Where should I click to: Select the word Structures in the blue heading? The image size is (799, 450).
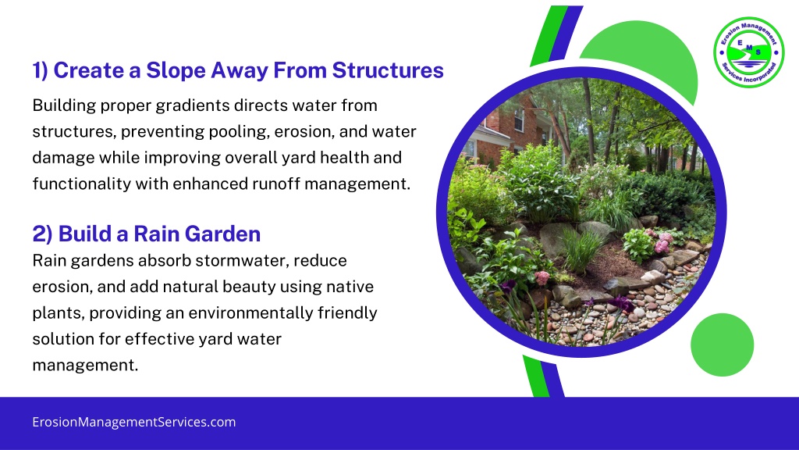pyautogui.click(x=388, y=70)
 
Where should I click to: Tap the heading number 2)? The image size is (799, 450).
pyautogui.click(x=42, y=234)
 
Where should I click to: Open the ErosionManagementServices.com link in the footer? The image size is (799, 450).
pyautogui.click(x=134, y=422)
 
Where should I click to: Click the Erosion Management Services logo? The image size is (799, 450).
pyautogui.click(x=748, y=52)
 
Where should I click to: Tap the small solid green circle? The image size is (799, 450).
pyautogui.click(x=722, y=345)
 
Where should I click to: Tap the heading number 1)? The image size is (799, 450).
pyautogui.click(x=41, y=71)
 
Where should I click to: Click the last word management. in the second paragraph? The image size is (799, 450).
pyautogui.click(x=85, y=366)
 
